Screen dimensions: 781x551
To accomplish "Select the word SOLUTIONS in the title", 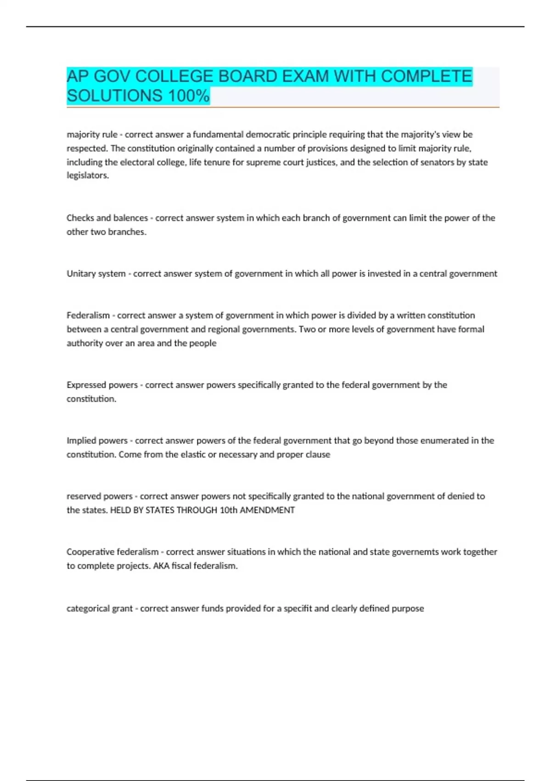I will click(x=114, y=96).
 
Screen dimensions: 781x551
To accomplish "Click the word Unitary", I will click(x=81, y=273).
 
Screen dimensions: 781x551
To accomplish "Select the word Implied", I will click(x=82, y=440).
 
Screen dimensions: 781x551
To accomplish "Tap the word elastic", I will click(x=192, y=454).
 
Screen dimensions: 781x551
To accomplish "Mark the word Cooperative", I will click(x=90, y=552).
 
